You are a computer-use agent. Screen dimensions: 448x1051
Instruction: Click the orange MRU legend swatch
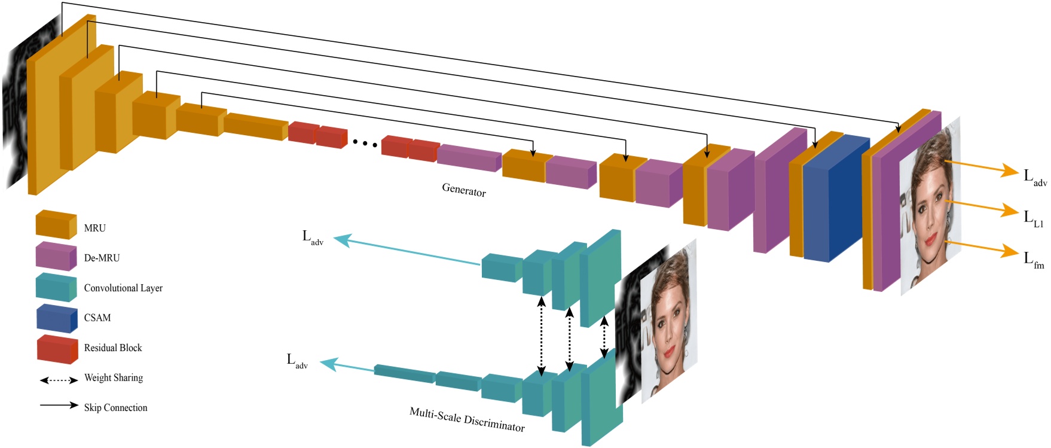tap(56, 225)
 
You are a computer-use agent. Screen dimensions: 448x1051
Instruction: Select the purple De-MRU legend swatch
tap(56, 256)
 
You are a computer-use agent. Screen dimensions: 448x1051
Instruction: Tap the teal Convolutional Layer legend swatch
tap(56, 287)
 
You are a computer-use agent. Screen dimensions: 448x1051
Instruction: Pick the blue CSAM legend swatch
tap(57, 318)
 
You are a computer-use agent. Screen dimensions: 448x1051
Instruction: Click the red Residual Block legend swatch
tap(57, 349)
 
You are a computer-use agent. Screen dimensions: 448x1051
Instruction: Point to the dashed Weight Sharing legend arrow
tap(59, 380)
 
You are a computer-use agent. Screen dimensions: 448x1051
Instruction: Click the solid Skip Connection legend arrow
tap(59, 406)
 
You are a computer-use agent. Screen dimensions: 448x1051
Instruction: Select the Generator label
tap(464, 190)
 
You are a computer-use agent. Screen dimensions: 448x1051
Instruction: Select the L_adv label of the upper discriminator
tap(313, 238)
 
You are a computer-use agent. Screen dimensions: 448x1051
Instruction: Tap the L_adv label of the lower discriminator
tap(297, 361)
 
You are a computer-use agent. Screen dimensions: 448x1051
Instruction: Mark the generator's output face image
tap(930, 206)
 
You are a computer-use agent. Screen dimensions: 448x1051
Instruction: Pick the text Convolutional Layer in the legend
tap(123, 288)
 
